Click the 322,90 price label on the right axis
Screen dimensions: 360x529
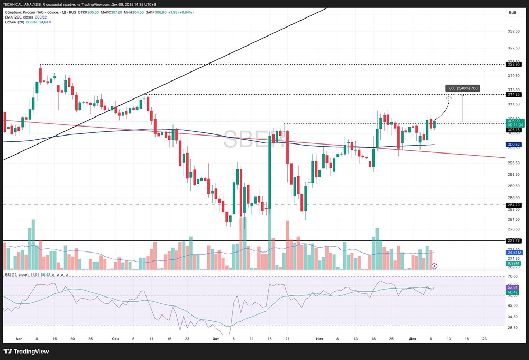coord(514,64)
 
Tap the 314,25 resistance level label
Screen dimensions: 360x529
coord(514,94)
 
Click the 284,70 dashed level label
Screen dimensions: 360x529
coord(514,205)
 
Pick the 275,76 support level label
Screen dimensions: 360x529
coord(514,241)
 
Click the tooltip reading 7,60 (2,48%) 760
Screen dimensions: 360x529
coord(463,88)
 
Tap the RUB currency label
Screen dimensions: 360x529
coord(513,12)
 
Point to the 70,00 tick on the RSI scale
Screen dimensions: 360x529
coord(513,276)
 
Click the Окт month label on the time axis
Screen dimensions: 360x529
coord(215,338)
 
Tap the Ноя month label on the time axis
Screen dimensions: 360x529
coord(319,338)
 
